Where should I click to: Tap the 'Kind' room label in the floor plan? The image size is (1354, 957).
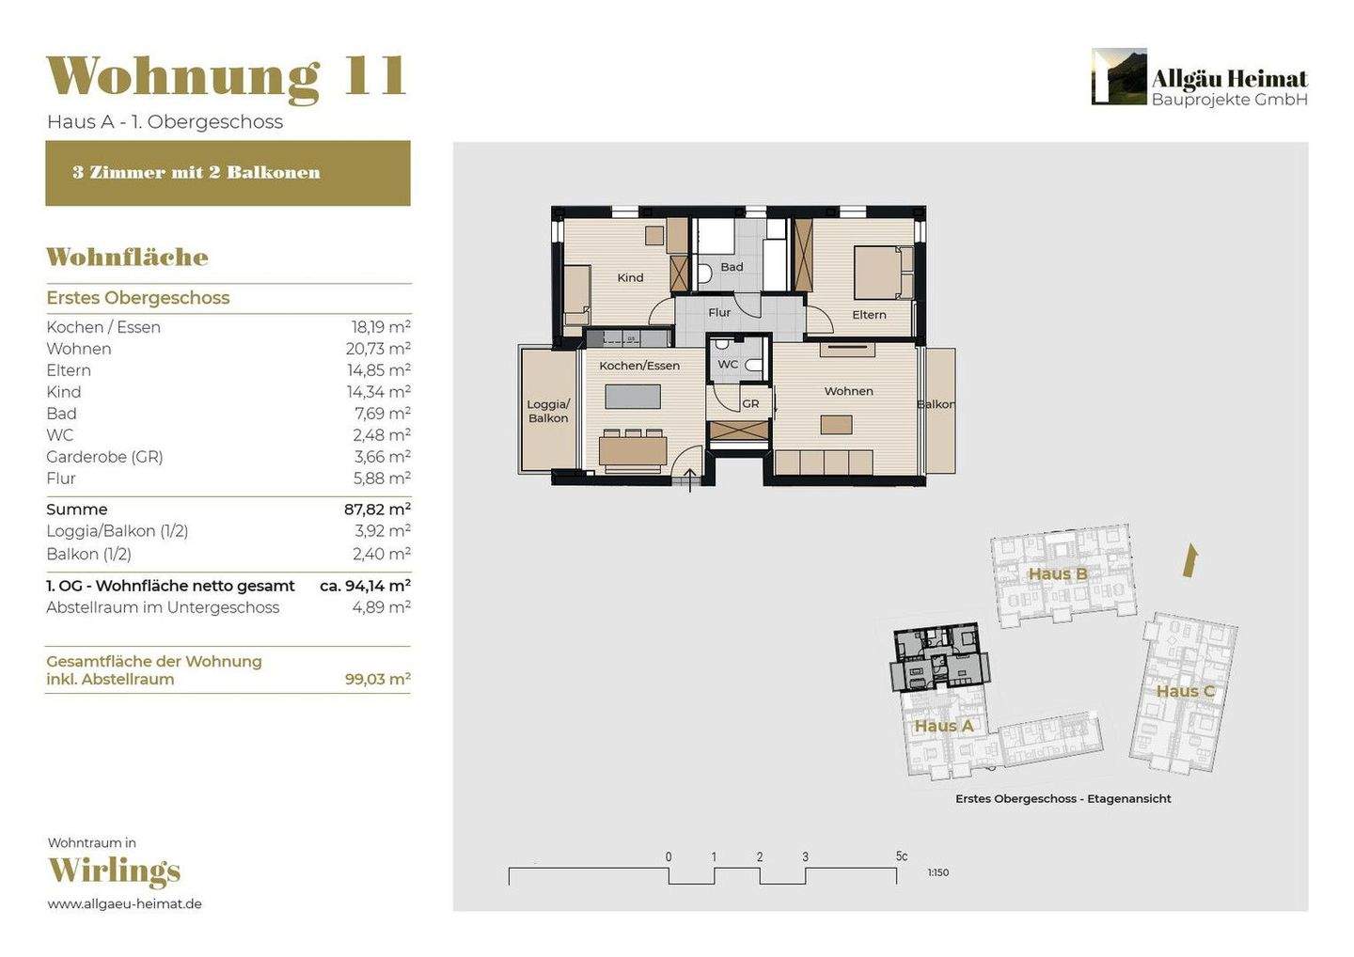630,278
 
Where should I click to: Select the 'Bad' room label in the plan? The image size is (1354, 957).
732,266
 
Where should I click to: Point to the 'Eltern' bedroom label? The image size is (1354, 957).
869,315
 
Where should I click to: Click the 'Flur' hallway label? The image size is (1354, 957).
719,312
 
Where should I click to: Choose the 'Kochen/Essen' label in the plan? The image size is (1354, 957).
639,366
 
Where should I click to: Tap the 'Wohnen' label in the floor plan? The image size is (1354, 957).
849,391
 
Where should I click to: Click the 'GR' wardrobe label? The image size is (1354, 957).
750,403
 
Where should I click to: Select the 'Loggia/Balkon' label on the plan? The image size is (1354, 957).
548,411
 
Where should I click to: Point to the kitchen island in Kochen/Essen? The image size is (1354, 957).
633,397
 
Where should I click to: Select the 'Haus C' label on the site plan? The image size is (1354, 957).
1185,691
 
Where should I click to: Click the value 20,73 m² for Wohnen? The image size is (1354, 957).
378,349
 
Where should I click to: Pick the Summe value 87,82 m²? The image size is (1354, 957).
378,510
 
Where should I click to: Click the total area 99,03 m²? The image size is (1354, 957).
378,679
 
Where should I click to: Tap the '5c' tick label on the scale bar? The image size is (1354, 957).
901,856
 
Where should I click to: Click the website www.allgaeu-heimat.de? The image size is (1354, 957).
124,903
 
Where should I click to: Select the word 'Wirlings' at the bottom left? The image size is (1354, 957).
115,871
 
